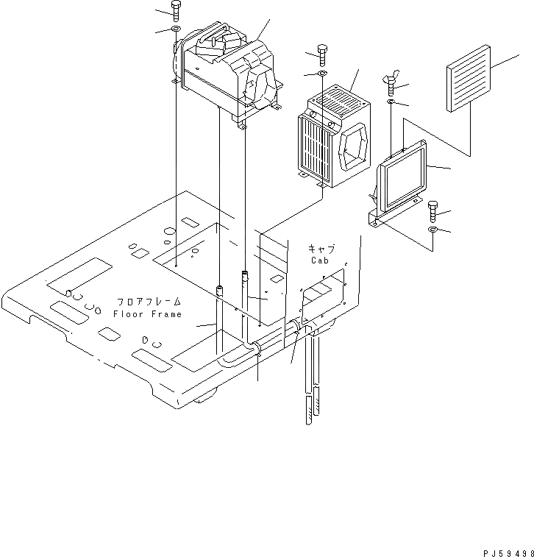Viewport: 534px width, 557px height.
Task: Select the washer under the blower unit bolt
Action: [176, 29]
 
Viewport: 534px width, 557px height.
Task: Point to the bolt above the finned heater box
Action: [323, 52]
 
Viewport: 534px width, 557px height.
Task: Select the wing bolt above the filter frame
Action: [391, 82]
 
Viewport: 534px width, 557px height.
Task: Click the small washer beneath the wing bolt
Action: [392, 102]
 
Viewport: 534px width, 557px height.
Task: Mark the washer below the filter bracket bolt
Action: [432, 231]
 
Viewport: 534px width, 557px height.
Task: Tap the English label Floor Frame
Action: [147, 314]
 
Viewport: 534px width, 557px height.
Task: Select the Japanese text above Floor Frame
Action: [147, 302]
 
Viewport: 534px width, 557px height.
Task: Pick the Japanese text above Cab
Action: [321, 248]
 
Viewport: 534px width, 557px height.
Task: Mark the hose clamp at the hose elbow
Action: [257, 349]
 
